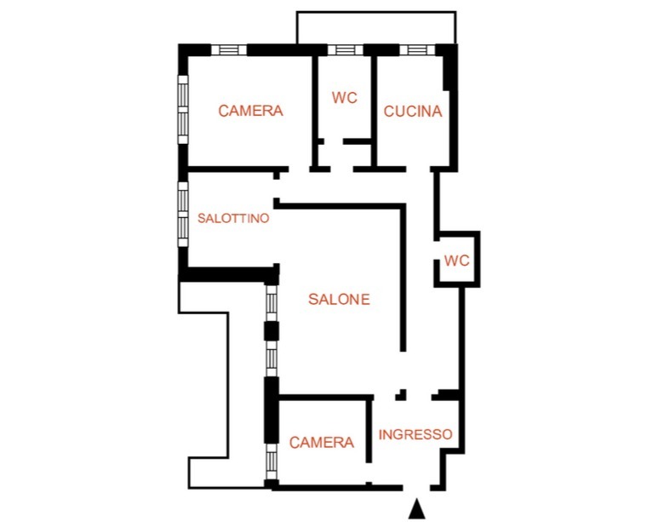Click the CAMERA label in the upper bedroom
tap(250, 111)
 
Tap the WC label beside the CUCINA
tap(345, 97)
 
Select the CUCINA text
tap(413, 112)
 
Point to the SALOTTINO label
tap(233, 218)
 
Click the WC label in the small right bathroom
tap(456, 261)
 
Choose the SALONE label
tap(339, 299)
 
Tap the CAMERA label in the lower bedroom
tap(322, 442)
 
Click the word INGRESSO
tap(415, 434)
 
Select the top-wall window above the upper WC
tap(346, 50)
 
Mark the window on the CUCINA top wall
tap(417, 50)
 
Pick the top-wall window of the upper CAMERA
tap(229, 50)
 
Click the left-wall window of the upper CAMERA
tap(183, 110)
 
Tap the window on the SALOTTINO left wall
tap(183, 214)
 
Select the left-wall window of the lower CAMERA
tap(272, 462)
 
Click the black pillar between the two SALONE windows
tap(271, 331)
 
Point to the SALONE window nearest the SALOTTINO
tap(272, 304)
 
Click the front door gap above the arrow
tap(416, 488)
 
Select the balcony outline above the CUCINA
tap(376, 12)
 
